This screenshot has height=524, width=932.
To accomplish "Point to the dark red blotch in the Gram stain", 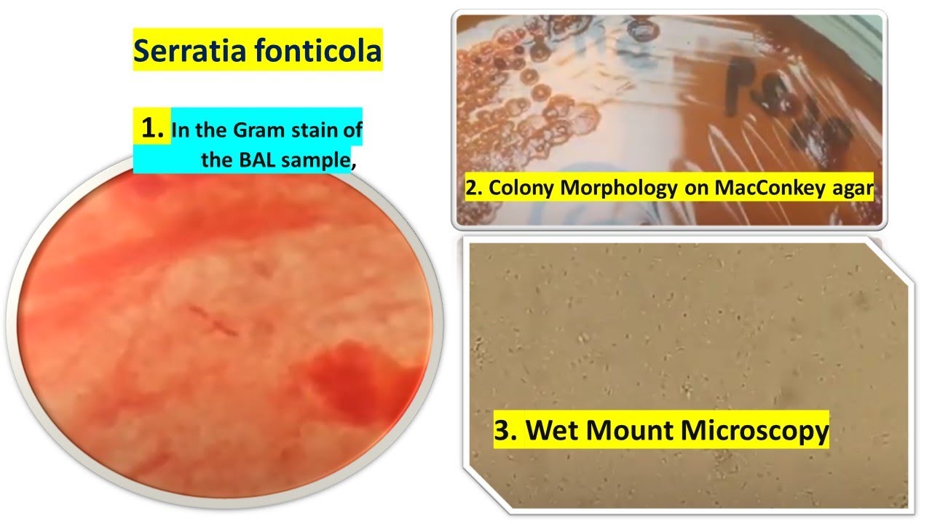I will [x=342, y=378].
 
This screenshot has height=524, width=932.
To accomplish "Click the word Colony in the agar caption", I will [x=519, y=188].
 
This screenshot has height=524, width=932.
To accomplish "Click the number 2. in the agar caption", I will [x=474, y=188].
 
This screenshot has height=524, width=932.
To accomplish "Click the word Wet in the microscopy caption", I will [x=553, y=430].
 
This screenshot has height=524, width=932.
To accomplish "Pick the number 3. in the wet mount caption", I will [x=506, y=430].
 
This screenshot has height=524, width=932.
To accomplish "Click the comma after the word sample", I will [x=354, y=166].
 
